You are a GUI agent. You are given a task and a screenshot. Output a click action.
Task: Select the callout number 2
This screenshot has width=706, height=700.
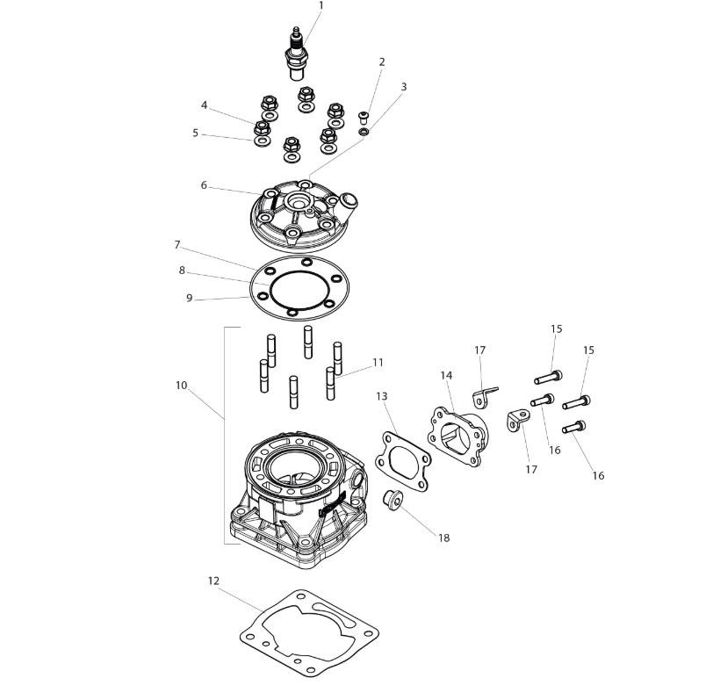pos(382,62)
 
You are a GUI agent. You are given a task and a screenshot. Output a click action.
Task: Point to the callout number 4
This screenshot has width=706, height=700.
pos(204,105)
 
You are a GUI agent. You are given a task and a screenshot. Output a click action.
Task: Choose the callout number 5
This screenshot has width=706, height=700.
pos(195,134)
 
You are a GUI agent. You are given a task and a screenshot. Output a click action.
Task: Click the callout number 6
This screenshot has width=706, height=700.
pos(204,185)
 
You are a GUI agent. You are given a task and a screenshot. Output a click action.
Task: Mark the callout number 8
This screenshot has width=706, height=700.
pos(182,271)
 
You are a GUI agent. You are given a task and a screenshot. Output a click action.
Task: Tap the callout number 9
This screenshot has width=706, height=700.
pos(189,298)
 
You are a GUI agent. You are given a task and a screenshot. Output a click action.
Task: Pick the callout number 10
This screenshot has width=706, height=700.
pos(181,385)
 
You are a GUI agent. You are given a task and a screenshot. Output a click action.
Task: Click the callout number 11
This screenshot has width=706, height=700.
pos(378,362)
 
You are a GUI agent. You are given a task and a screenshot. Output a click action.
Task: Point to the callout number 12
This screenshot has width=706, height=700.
pos(213,581)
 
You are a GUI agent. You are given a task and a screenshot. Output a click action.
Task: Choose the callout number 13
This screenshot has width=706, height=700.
pos(381,396)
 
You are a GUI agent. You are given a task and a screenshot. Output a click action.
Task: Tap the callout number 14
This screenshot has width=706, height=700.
pos(446,376)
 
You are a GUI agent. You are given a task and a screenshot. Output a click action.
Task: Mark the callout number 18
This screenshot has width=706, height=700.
pos(443,538)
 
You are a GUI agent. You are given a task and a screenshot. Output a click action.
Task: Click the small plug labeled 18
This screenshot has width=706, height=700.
pos(392,502)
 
